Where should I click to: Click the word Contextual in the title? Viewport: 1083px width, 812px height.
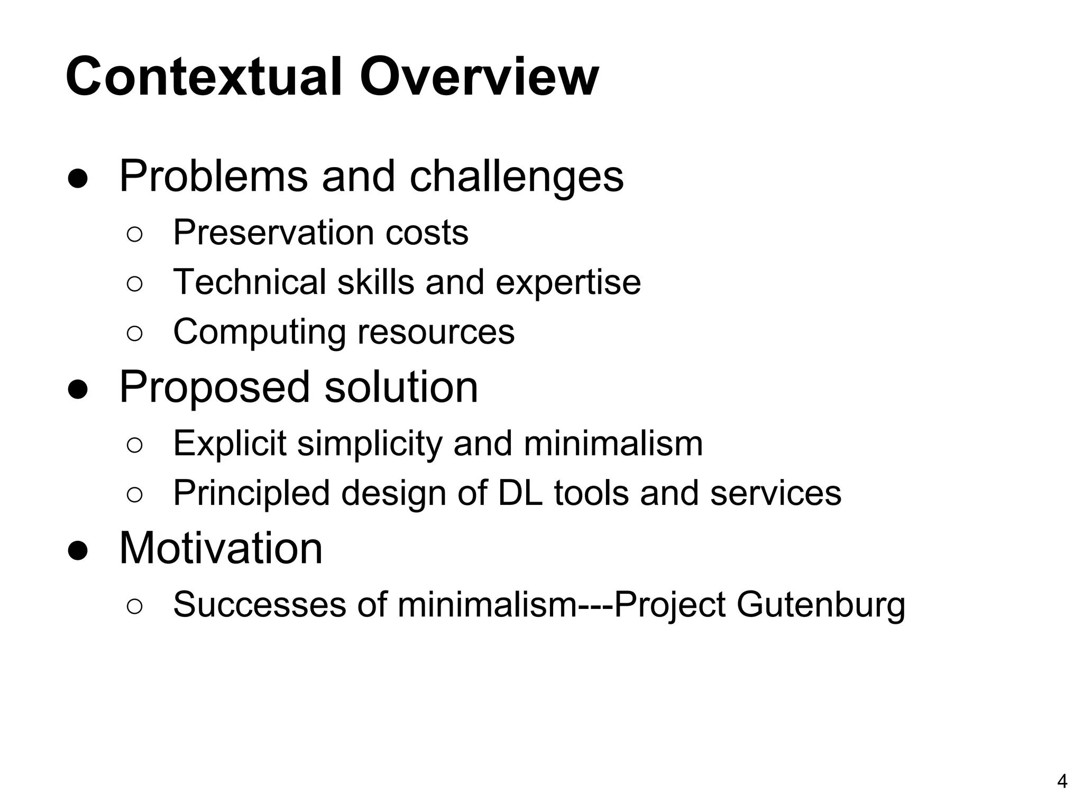[x=204, y=77]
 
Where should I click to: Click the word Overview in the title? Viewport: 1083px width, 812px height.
[x=479, y=77]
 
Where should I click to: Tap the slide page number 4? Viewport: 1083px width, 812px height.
[x=1062, y=781]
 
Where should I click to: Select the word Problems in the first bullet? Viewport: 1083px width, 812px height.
[x=213, y=176]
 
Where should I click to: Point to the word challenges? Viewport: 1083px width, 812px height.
[x=517, y=176]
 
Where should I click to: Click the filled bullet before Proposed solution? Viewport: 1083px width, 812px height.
[x=78, y=390]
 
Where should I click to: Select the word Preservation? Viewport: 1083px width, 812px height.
[x=273, y=233]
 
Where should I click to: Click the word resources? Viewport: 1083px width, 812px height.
[x=436, y=332]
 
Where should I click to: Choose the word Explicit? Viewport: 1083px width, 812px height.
[x=230, y=443]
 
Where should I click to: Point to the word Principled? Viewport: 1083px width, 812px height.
[x=252, y=493]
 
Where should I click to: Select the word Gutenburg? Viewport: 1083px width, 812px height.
[x=820, y=604]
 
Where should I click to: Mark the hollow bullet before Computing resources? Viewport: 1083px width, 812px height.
[x=135, y=334]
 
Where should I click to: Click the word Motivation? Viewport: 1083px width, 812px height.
[x=221, y=548]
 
